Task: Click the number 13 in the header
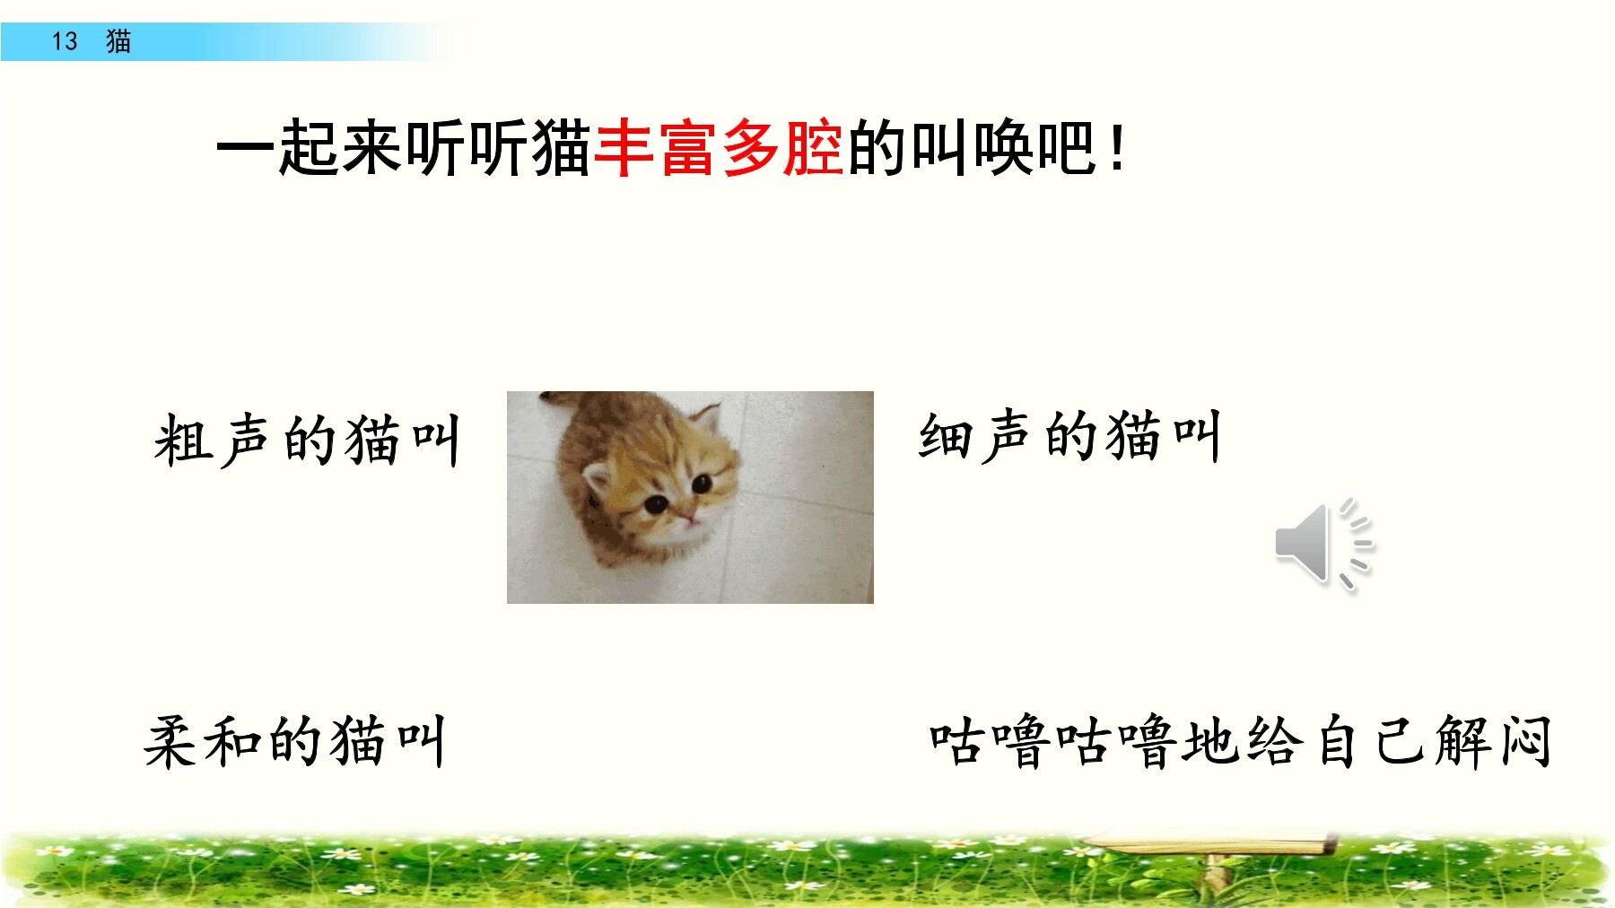tap(65, 41)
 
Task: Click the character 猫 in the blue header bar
tap(118, 41)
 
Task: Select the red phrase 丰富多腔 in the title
tap(718, 148)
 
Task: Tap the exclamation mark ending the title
tap(1116, 149)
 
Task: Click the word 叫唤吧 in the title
tap(1003, 148)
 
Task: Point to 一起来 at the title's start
tap(310, 148)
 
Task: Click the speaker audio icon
tap(1324, 545)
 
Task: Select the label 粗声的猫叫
tap(307, 440)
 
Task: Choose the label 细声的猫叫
tap(1069, 436)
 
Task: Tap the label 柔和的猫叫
tap(294, 741)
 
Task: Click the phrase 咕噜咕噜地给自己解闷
tap(1240, 741)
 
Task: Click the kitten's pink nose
tap(690, 519)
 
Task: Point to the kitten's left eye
tap(657, 503)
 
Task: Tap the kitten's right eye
tap(702, 484)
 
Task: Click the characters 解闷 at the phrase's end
tap(1493, 741)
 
